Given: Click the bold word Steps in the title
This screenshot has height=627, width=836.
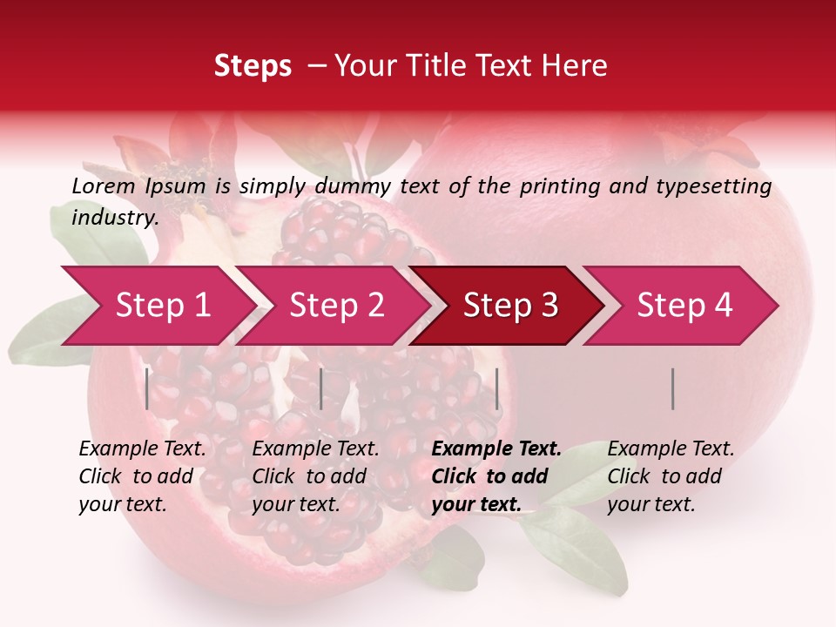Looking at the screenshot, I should coord(253,66).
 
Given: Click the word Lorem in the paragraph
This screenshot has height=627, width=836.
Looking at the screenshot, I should coord(104,185).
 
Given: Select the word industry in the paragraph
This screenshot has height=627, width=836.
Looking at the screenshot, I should coord(114,217).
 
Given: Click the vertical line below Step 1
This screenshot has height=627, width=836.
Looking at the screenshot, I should coord(147,388).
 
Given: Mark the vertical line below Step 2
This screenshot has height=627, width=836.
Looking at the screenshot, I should coord(321,388).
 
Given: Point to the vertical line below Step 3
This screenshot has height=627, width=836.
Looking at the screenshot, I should coord(496,388).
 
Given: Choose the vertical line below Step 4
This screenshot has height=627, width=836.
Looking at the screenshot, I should coord(673,388).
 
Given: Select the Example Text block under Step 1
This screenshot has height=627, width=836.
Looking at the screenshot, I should coord(142,476).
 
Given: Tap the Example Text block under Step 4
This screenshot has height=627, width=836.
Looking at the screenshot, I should coord(671,476).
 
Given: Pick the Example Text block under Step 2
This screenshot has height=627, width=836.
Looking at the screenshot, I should coord(315,476).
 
